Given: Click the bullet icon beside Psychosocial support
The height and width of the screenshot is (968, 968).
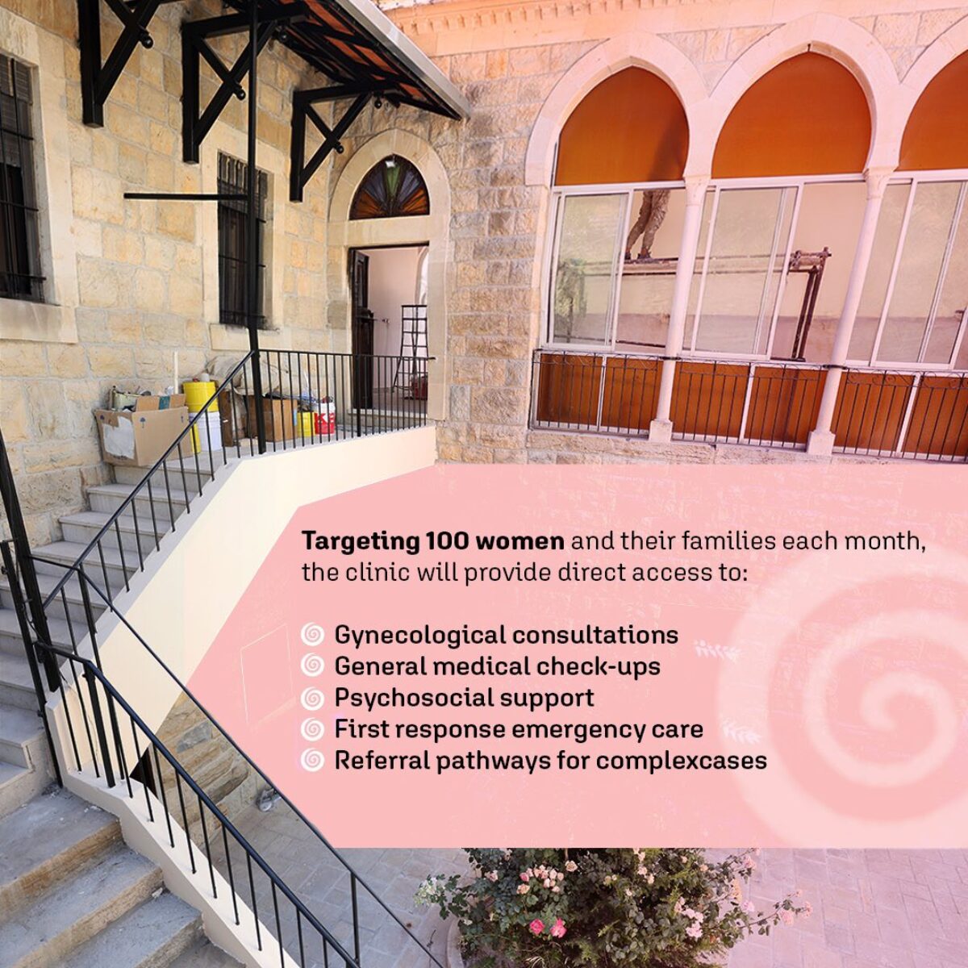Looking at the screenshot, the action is (x=312, y=699).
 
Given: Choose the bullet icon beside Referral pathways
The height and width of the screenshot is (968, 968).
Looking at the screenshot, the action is (x=312, y=761).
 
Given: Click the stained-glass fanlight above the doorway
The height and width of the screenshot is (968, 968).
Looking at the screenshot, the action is (x=390, y=189).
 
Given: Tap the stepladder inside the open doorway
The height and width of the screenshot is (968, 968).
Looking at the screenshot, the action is (x=411, y=348).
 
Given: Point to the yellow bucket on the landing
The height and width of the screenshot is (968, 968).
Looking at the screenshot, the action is (x=199, y=396).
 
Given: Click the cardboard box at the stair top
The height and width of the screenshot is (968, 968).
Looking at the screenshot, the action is (x=142, y=434).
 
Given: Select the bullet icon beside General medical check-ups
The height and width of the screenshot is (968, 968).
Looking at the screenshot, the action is (x=312, y=666).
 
